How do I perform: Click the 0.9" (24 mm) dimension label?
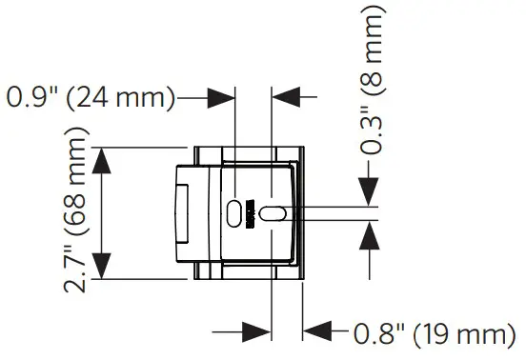(x=91, y=96)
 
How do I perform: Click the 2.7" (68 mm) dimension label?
(x=81, y=214)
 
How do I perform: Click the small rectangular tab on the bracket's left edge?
(x=179, y=213)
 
